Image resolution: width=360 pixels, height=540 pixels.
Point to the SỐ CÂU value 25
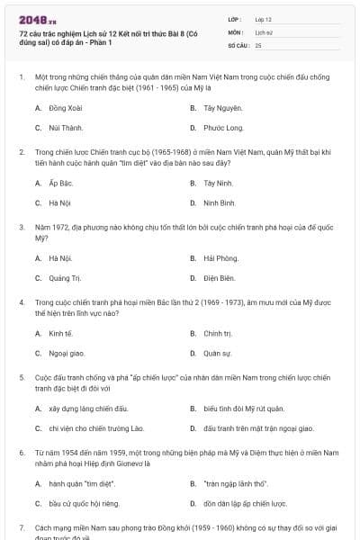[258, 44]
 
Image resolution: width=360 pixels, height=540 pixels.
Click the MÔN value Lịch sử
[263, 31]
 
